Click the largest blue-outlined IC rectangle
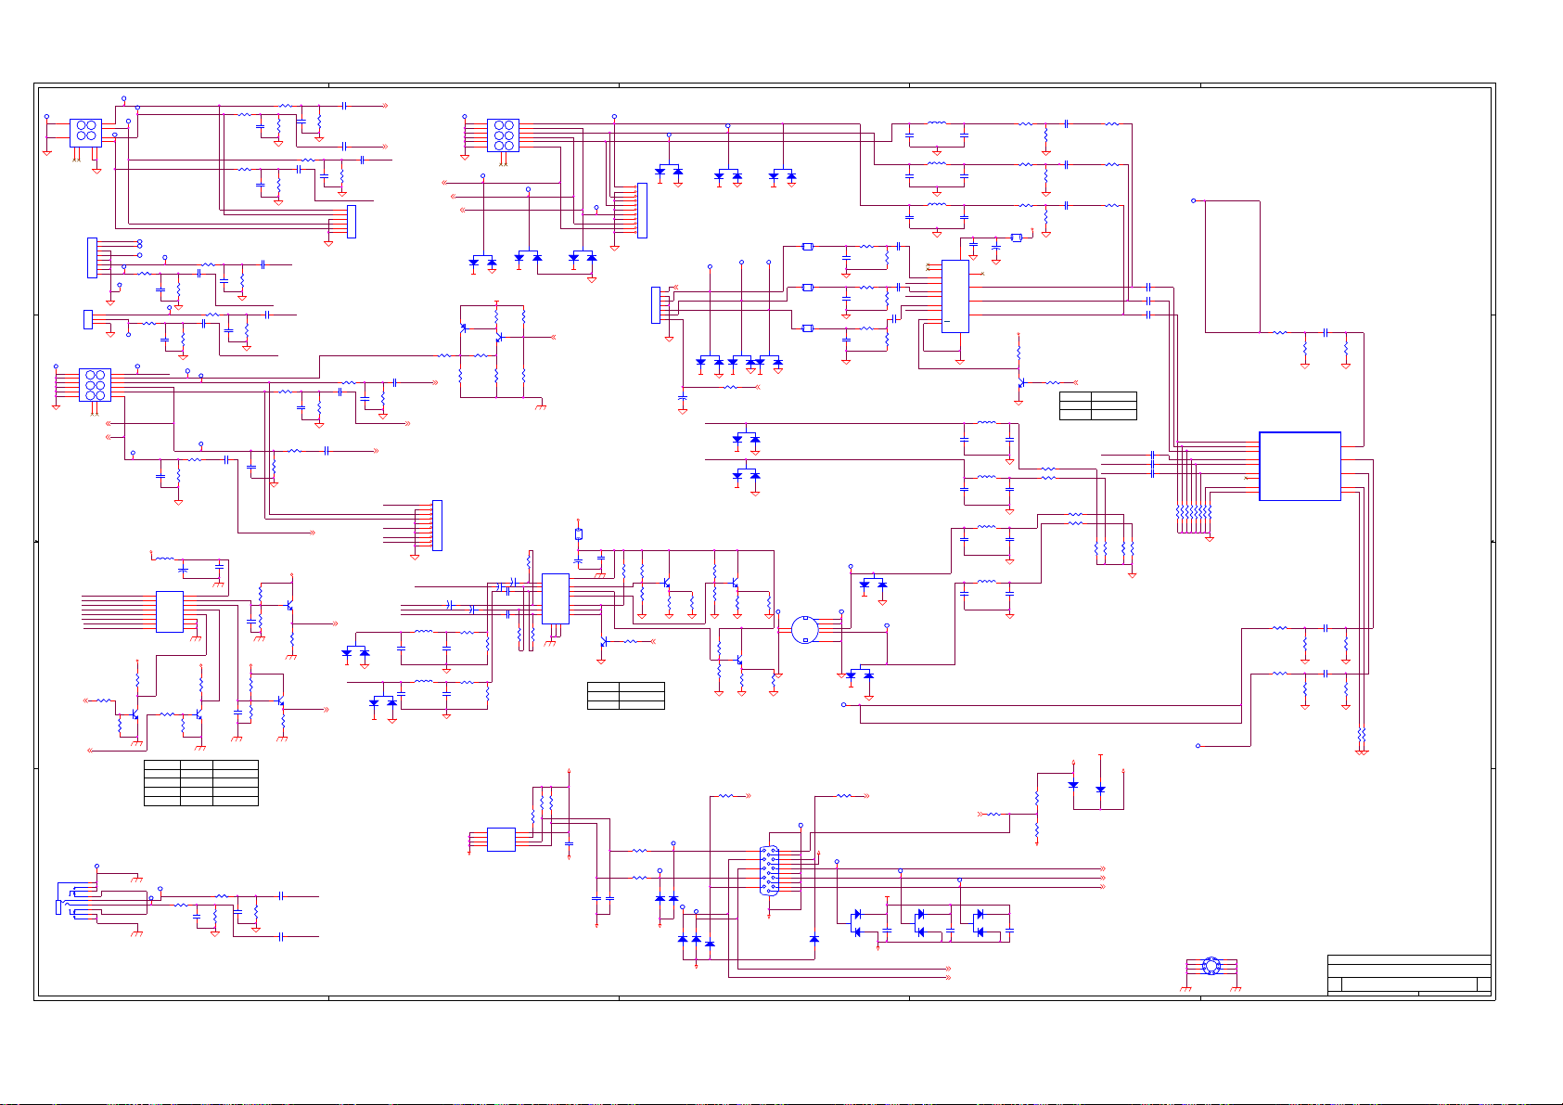click(1300, 466)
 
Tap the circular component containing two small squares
click(804, 629)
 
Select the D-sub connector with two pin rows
click(769, 870)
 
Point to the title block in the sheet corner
click(1408, 976)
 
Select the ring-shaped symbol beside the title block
click(1211, 967)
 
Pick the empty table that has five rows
click(200, 782)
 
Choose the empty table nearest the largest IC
click(1097, 405)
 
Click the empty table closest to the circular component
click(625, 695)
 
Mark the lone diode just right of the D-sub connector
click(814, 939)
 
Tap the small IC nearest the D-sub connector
click(501, 839)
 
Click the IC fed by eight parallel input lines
click(169, 611)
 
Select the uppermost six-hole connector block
click(503, 135)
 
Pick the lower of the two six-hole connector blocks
click(95, 384)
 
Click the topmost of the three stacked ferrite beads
click(807, 247)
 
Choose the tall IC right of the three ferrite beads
click(955, 296)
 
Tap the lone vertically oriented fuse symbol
click(578, 533)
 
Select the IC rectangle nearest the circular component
click(555, 598)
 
